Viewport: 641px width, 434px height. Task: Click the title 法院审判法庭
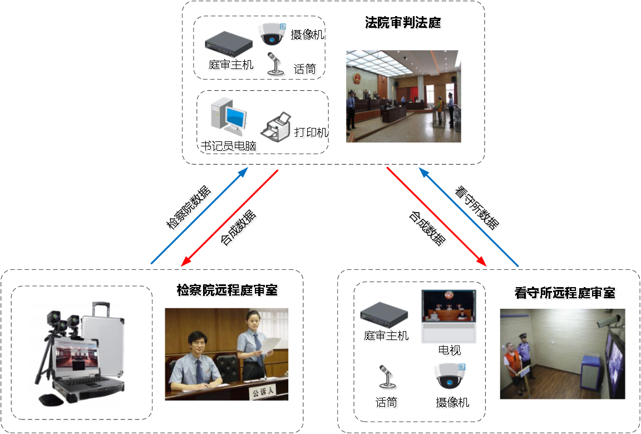[404, 24]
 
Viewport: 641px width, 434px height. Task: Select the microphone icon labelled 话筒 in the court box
[274, 65]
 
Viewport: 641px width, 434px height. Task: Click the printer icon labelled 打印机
[277, 127]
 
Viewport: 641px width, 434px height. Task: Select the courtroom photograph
[403, 96]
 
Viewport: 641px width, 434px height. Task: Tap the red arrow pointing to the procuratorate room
[230, 217]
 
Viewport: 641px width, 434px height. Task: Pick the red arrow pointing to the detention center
[436, 218]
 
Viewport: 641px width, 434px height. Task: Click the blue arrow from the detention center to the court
[469, 218]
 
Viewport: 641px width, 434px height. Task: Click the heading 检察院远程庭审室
[228, 291]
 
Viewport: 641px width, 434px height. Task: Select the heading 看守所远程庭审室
[565, 294]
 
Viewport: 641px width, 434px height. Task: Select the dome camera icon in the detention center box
[450, 377]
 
